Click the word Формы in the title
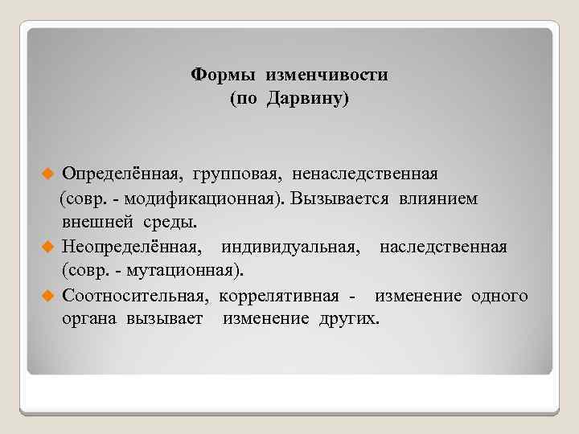tap(218, 75)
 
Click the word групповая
tap(239, 174)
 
